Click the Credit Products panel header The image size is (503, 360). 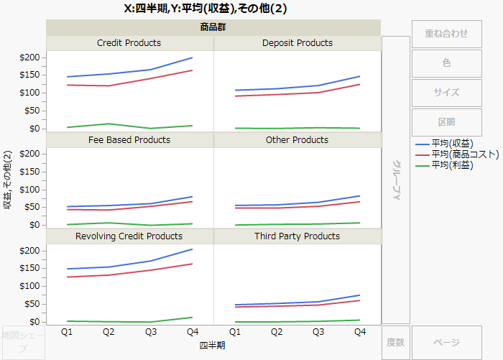[129, 43]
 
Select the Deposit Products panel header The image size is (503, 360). [297, 43]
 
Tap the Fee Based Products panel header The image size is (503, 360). [129, 139]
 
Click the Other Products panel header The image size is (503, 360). [297, 139]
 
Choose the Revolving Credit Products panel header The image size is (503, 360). [129, 236]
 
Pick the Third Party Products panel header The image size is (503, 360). [297, 236]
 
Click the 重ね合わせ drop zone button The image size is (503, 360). [446, 34]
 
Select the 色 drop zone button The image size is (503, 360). [446, 63]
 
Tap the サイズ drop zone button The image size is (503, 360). [446, 93]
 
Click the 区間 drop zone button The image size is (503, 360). [446, 122]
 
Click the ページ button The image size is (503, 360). [446, 343]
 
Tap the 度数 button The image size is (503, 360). [395, 343]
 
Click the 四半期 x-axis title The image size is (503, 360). [213, 346]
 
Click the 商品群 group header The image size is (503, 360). [213, 28]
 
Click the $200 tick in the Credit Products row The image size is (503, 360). [31, 57]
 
